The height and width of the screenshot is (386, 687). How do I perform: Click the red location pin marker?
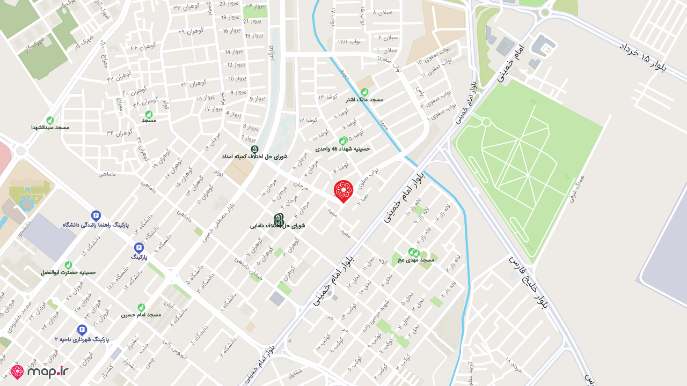coord(343,191)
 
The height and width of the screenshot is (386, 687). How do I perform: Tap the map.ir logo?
coord(40,372)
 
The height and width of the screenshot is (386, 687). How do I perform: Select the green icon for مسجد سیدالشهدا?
coord(50,120)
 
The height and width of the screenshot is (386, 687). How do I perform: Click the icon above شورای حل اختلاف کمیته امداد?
coord(254,149)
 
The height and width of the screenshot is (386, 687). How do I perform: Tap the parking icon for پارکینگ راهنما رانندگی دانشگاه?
coord(96,215)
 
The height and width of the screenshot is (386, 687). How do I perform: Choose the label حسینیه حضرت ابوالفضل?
coord(68,272)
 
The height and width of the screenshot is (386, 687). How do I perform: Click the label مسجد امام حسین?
coord(141,315)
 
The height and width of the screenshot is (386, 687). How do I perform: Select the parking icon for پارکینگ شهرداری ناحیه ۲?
coord(82,330)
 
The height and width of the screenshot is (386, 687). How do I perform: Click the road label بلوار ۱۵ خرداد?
coord(649,59)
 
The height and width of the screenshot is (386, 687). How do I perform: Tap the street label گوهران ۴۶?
coord(143,48)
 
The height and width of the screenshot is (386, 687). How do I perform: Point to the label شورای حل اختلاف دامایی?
coord(277,226)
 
